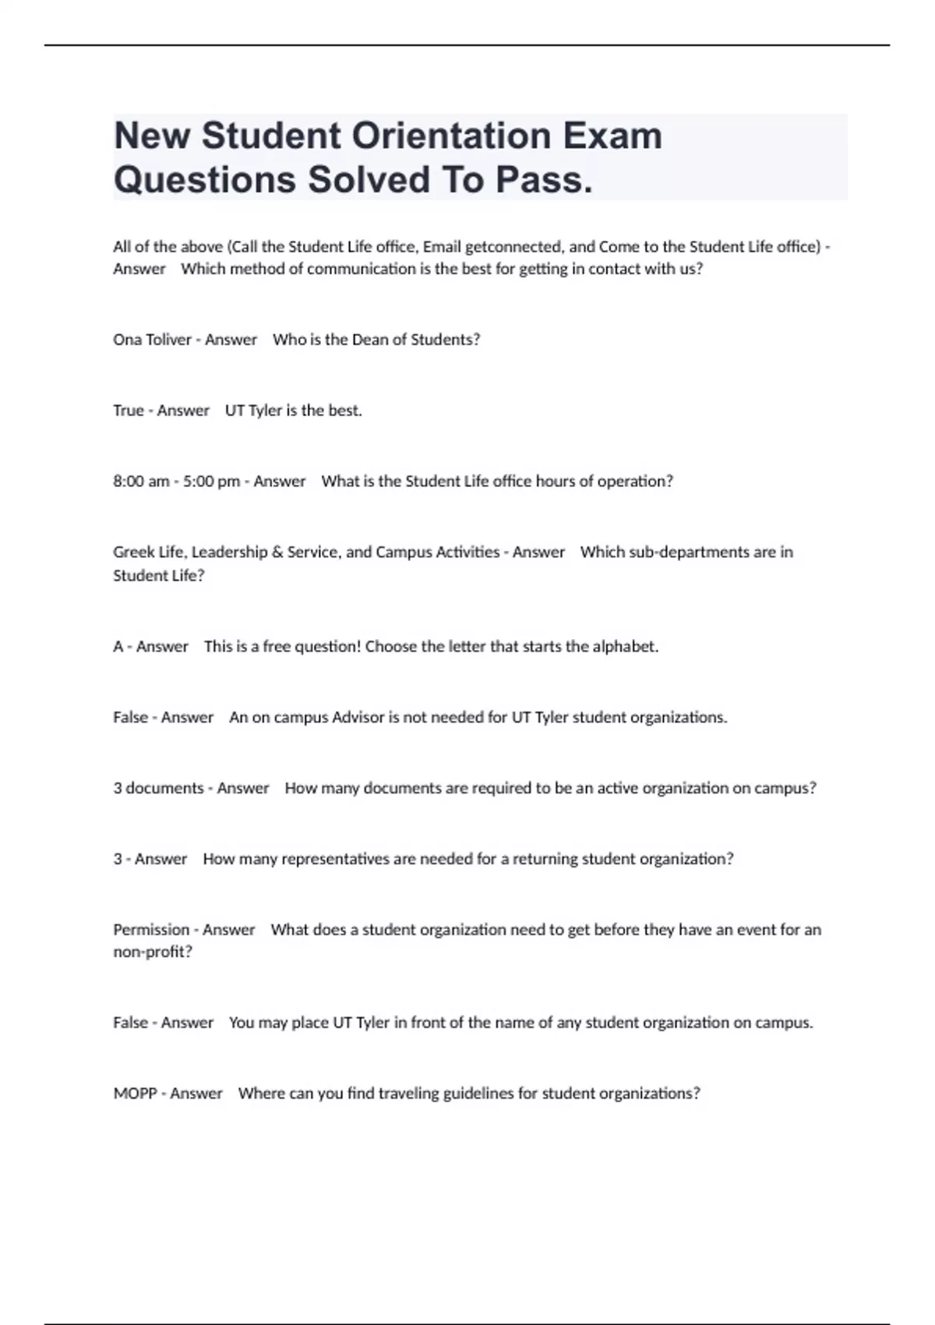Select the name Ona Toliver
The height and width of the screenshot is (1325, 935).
[x=152, y=340]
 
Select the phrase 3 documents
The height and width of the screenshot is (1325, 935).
[x=158, y=789]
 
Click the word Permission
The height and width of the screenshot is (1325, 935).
[x=151, y=930]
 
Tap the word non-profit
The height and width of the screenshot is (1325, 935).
[x=150, y=952]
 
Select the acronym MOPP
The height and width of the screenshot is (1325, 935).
[x=135, y=1094]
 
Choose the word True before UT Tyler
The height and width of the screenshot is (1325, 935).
[x=128, y=411]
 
